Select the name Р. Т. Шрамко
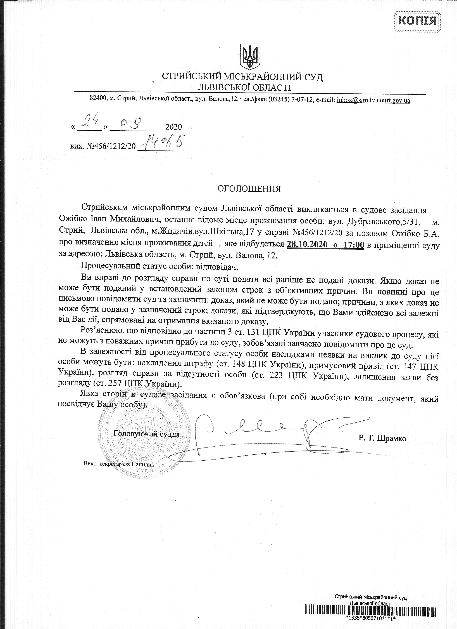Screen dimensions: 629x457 coord(382,438)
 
